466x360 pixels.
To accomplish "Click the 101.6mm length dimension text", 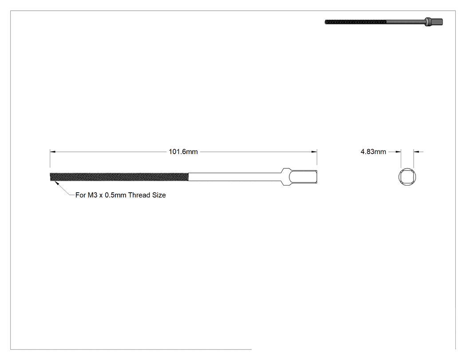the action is point(183,152).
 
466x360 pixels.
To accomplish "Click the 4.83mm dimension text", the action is point(373,152).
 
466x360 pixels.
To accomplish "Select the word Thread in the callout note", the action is point(139,195).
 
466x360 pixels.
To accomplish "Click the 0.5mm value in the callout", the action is point(115,195).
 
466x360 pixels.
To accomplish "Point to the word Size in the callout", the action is point(159,195).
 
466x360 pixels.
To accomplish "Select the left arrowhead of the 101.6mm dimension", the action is point(53,152).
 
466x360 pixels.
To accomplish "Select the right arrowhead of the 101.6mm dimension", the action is point(314,152).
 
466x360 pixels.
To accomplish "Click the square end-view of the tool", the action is point(407,177).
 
